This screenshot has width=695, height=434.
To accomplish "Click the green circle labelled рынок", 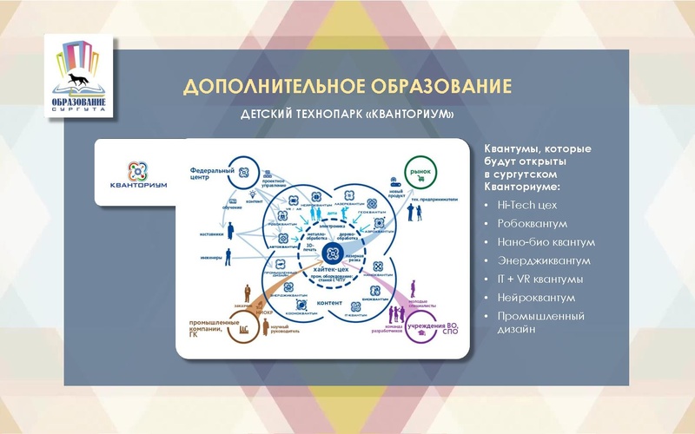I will pos(420,170).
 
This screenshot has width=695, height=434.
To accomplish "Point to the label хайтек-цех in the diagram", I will pos(333,273).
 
